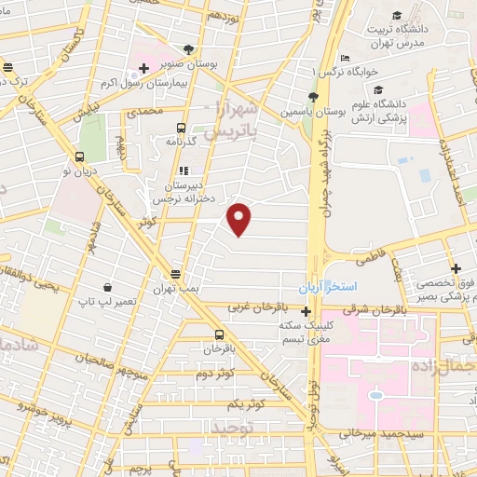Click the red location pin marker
click(x=240, y=219)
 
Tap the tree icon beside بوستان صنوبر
click(x=190, y=49)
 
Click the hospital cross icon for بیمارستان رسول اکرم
click(x=143, y=68)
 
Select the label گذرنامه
click(x=180, y=140)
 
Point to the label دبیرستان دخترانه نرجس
click(x=184, y=185)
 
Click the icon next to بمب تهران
click(x=175, y=273)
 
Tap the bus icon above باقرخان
click(x=219, y=335)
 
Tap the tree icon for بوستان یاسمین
click(x=313, y=96)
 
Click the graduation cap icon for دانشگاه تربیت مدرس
click(x=398, y=16)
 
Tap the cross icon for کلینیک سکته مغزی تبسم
click(x=306, y=310)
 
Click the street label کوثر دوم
click(x=214, y=374)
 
